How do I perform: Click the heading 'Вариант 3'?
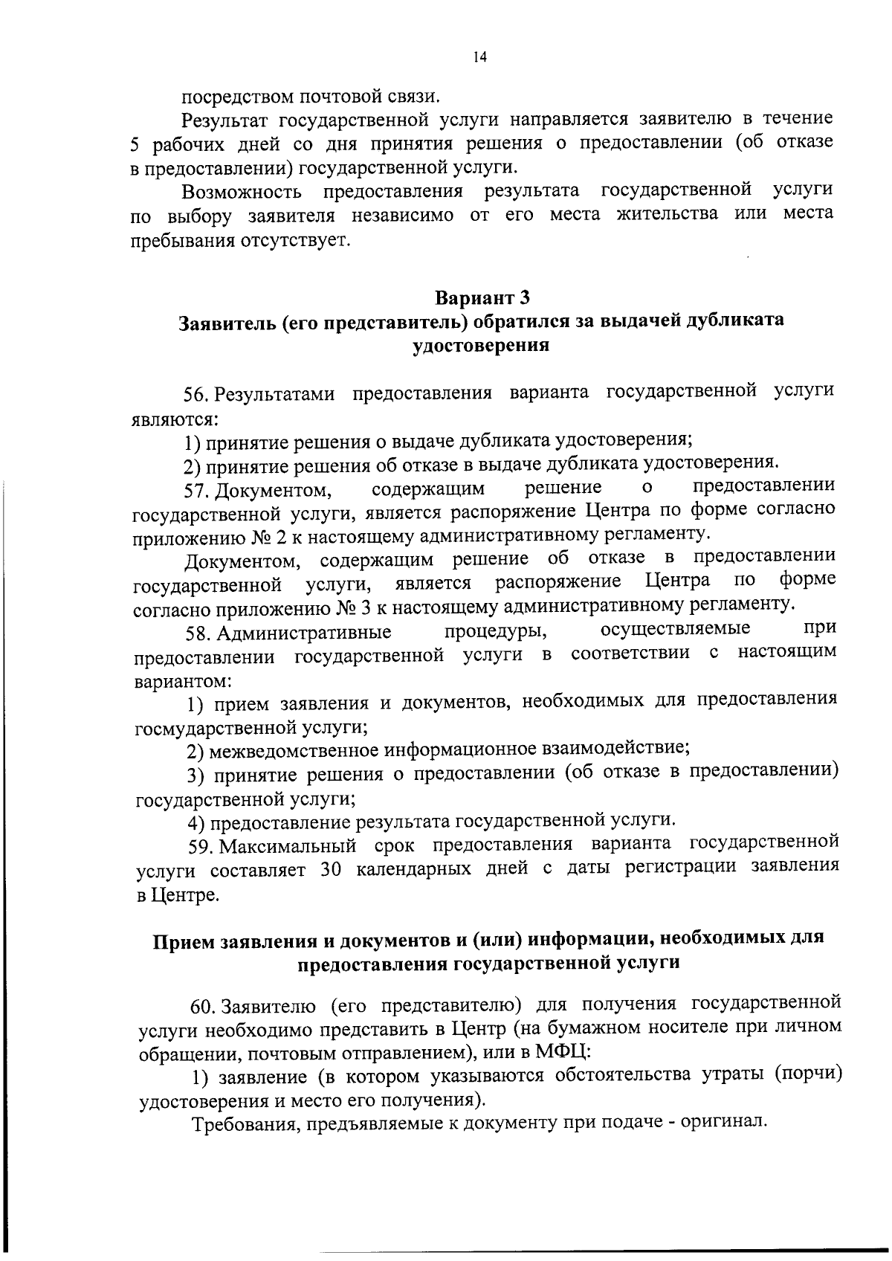(x=482, y=299)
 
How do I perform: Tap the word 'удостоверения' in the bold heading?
(x=481, y=346)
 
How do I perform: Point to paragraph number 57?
(x=198, y=492)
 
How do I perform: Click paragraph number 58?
(x=199, y=633)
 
